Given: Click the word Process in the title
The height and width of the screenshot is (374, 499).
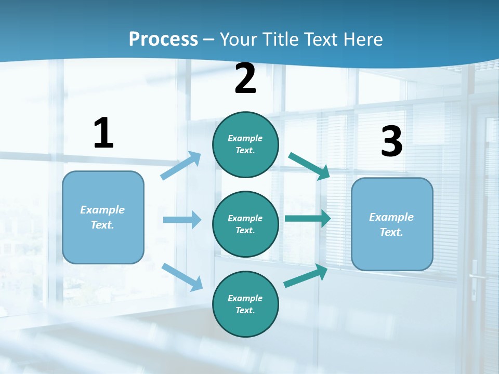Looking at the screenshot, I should click(163, 39).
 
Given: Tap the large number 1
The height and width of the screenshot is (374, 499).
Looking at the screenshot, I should click(103, 133).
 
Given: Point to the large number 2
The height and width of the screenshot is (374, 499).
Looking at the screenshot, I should click(245, 79).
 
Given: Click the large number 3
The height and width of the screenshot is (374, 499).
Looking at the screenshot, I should click(391, 142).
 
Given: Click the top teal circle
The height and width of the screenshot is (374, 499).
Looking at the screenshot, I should click(245, 144).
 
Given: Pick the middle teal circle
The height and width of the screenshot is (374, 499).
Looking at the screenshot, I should click(245, 224).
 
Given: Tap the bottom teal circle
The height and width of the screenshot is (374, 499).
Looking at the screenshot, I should click(245, 304).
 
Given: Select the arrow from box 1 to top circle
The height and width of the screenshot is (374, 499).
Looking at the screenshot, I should click(181, 166).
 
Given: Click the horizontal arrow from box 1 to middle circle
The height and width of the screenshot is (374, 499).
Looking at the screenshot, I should click(182, 220).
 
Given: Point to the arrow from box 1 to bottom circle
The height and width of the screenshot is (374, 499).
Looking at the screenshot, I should click(182, 277).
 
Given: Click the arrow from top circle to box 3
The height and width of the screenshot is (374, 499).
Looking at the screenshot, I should click(309, 166).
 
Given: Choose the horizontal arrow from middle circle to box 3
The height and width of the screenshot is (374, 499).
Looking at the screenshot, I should click(308, 219).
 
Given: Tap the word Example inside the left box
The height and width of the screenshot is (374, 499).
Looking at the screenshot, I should click(102, 210).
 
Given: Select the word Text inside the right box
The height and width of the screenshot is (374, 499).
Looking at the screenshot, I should click(391, 232).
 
